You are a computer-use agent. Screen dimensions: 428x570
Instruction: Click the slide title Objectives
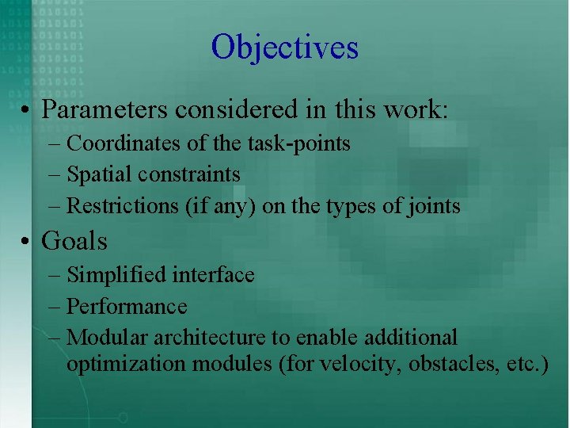click(285, 47)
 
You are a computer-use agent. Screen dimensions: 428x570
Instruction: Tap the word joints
click(433, 206)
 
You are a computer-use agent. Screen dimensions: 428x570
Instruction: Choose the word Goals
click(74, 239)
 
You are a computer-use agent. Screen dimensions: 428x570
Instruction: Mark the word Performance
click(127, 307)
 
